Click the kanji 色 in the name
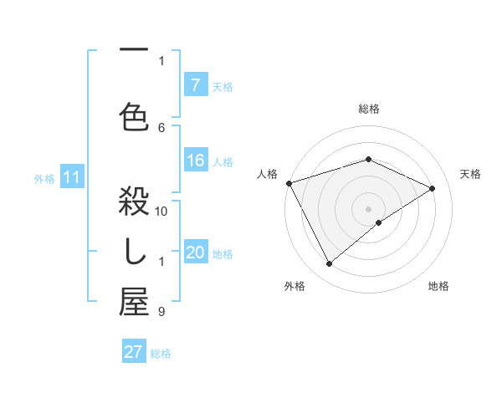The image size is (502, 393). click(134, 115)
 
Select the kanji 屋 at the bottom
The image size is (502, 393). click(134, 303)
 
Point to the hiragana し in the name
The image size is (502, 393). click(134, 253)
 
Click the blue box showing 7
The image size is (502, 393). click(195, 85)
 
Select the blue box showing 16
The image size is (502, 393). click(195, 161)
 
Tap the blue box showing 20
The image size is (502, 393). click(195, 253)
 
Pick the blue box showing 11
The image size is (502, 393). click(72, 177)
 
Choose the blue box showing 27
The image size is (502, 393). click(134, 352)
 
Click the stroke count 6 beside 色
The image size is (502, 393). click(162, 127)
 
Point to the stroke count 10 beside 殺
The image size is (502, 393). click(162, 211)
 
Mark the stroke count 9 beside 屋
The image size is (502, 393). click(161, 312)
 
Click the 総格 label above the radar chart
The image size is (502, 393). click(369, 109)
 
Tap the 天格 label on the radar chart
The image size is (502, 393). click(471, 174)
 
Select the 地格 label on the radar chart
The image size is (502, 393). click(438, 286)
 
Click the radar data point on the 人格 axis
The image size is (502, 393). click(289, 183)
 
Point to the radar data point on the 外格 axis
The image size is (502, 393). click(329, 264)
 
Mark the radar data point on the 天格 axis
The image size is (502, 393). click(433, 188)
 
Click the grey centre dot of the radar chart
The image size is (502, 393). click(369, 208)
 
